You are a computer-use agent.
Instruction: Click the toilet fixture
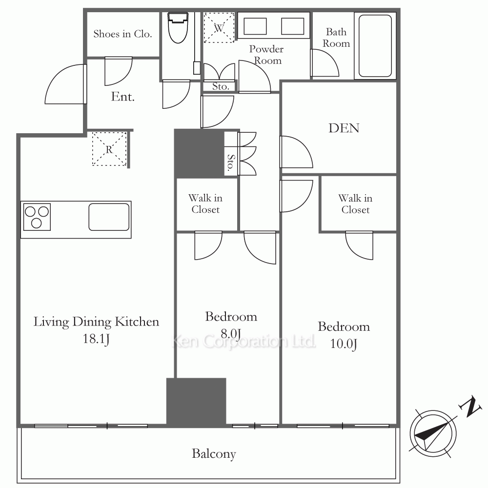coord(178,27)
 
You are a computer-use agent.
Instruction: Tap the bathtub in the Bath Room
coord(375,46)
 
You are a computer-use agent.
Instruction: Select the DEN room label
coord(344,128)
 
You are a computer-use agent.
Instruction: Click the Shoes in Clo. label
coord(122,34)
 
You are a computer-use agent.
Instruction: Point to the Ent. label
coord(122,97)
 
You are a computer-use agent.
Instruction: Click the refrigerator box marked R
coord(109,149)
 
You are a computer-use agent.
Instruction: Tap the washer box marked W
coord(219,27)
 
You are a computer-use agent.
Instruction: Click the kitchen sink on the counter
coord(109,217)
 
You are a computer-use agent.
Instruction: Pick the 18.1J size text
coord(96,339)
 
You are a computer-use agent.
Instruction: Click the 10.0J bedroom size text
coord(343,344)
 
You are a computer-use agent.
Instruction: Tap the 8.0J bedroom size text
coord(231,334)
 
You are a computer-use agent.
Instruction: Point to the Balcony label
coord(214,454)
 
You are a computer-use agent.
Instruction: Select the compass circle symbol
coord(433,434)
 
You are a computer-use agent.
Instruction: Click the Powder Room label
coord(266,55)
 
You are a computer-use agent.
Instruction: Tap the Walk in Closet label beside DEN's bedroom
coord(355,204)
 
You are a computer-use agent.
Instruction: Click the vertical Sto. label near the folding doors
coord(231,163)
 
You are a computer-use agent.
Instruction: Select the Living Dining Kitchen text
coord(96,322)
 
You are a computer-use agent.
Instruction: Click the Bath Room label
coord(336,38)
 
